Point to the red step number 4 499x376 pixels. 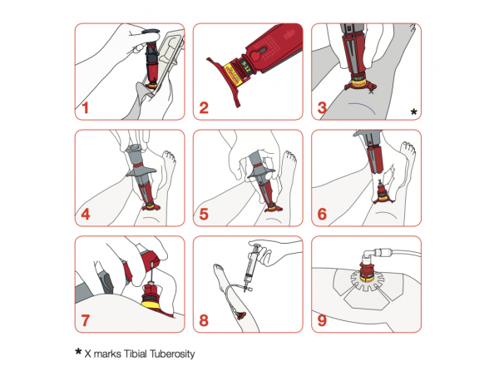[x=86, y=215]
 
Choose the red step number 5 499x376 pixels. [x=205, y=215]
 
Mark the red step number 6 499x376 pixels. [x=323, y=215]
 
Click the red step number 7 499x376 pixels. [x=86, y=320]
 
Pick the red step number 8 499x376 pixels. [x=205, y=320]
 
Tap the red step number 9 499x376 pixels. [x=323, y=320]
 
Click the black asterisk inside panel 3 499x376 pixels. [x=413, y=111]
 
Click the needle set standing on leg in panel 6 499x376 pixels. [x=383, y=192]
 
